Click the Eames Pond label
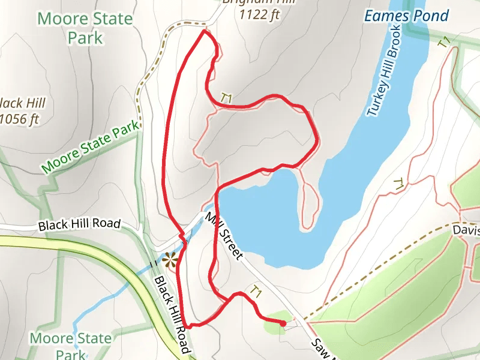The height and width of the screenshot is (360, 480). (x=406, y=15)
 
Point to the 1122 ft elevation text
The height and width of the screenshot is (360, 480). (x=260, y=15)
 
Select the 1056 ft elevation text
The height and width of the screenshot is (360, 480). (x=19, y=119)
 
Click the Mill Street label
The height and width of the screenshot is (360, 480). (x=224, y=236)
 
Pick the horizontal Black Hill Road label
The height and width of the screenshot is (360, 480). (x=79, y=225)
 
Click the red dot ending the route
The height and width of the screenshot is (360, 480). (x=283, y=323)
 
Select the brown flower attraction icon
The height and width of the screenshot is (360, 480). (x=170, y=260)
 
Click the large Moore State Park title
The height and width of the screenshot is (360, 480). (x=85, y=28)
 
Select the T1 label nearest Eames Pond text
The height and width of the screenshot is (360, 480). (x=443, y=43)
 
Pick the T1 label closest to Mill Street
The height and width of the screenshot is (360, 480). (x=256, y=292)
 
